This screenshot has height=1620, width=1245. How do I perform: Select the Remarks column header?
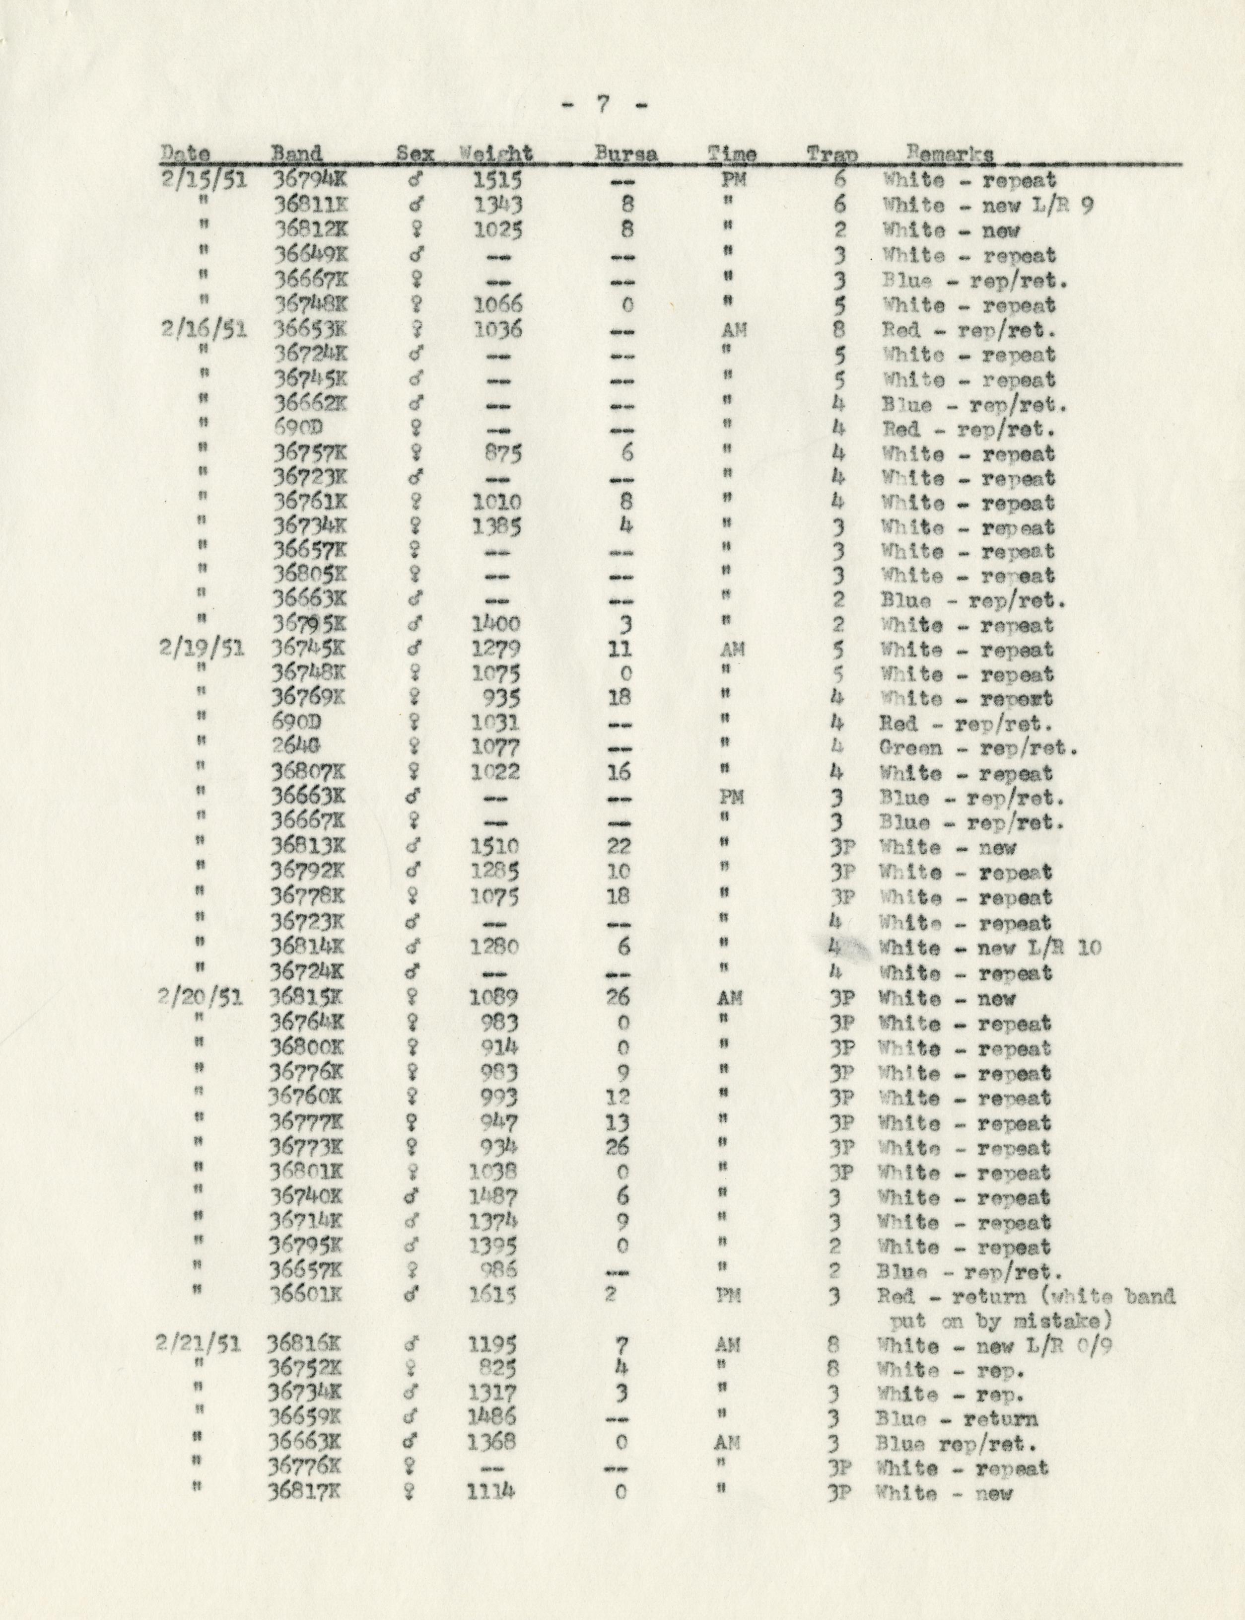coord(950,154)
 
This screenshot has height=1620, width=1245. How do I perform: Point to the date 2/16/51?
coord(203,329)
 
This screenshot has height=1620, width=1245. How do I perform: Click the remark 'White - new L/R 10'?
coord(989,948)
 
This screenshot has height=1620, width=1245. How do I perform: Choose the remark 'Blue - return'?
coord(956,1419)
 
